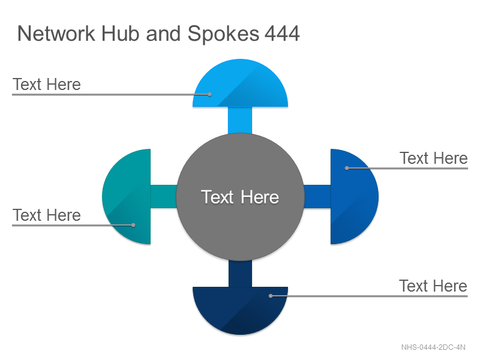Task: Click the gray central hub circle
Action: coord(241,197)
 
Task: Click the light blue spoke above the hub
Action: coord(241,121)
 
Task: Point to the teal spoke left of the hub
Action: coord(164,197)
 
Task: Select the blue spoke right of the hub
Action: coord(317,197)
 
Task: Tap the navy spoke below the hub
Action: coord(241,274)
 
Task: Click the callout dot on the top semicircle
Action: coord(209,95)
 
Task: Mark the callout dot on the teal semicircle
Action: coord(133,226)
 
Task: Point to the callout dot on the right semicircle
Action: coord(347,168)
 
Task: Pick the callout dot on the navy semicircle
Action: coord(271,296)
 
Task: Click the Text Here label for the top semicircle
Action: coord(47,84)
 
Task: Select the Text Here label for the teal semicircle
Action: coord(47,215)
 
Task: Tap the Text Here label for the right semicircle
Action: coord(434,158)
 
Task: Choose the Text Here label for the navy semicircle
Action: coord(433,286)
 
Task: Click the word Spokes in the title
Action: coord(223,34)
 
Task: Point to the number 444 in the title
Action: coord(282,34)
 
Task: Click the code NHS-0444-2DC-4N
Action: coord(433,347)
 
